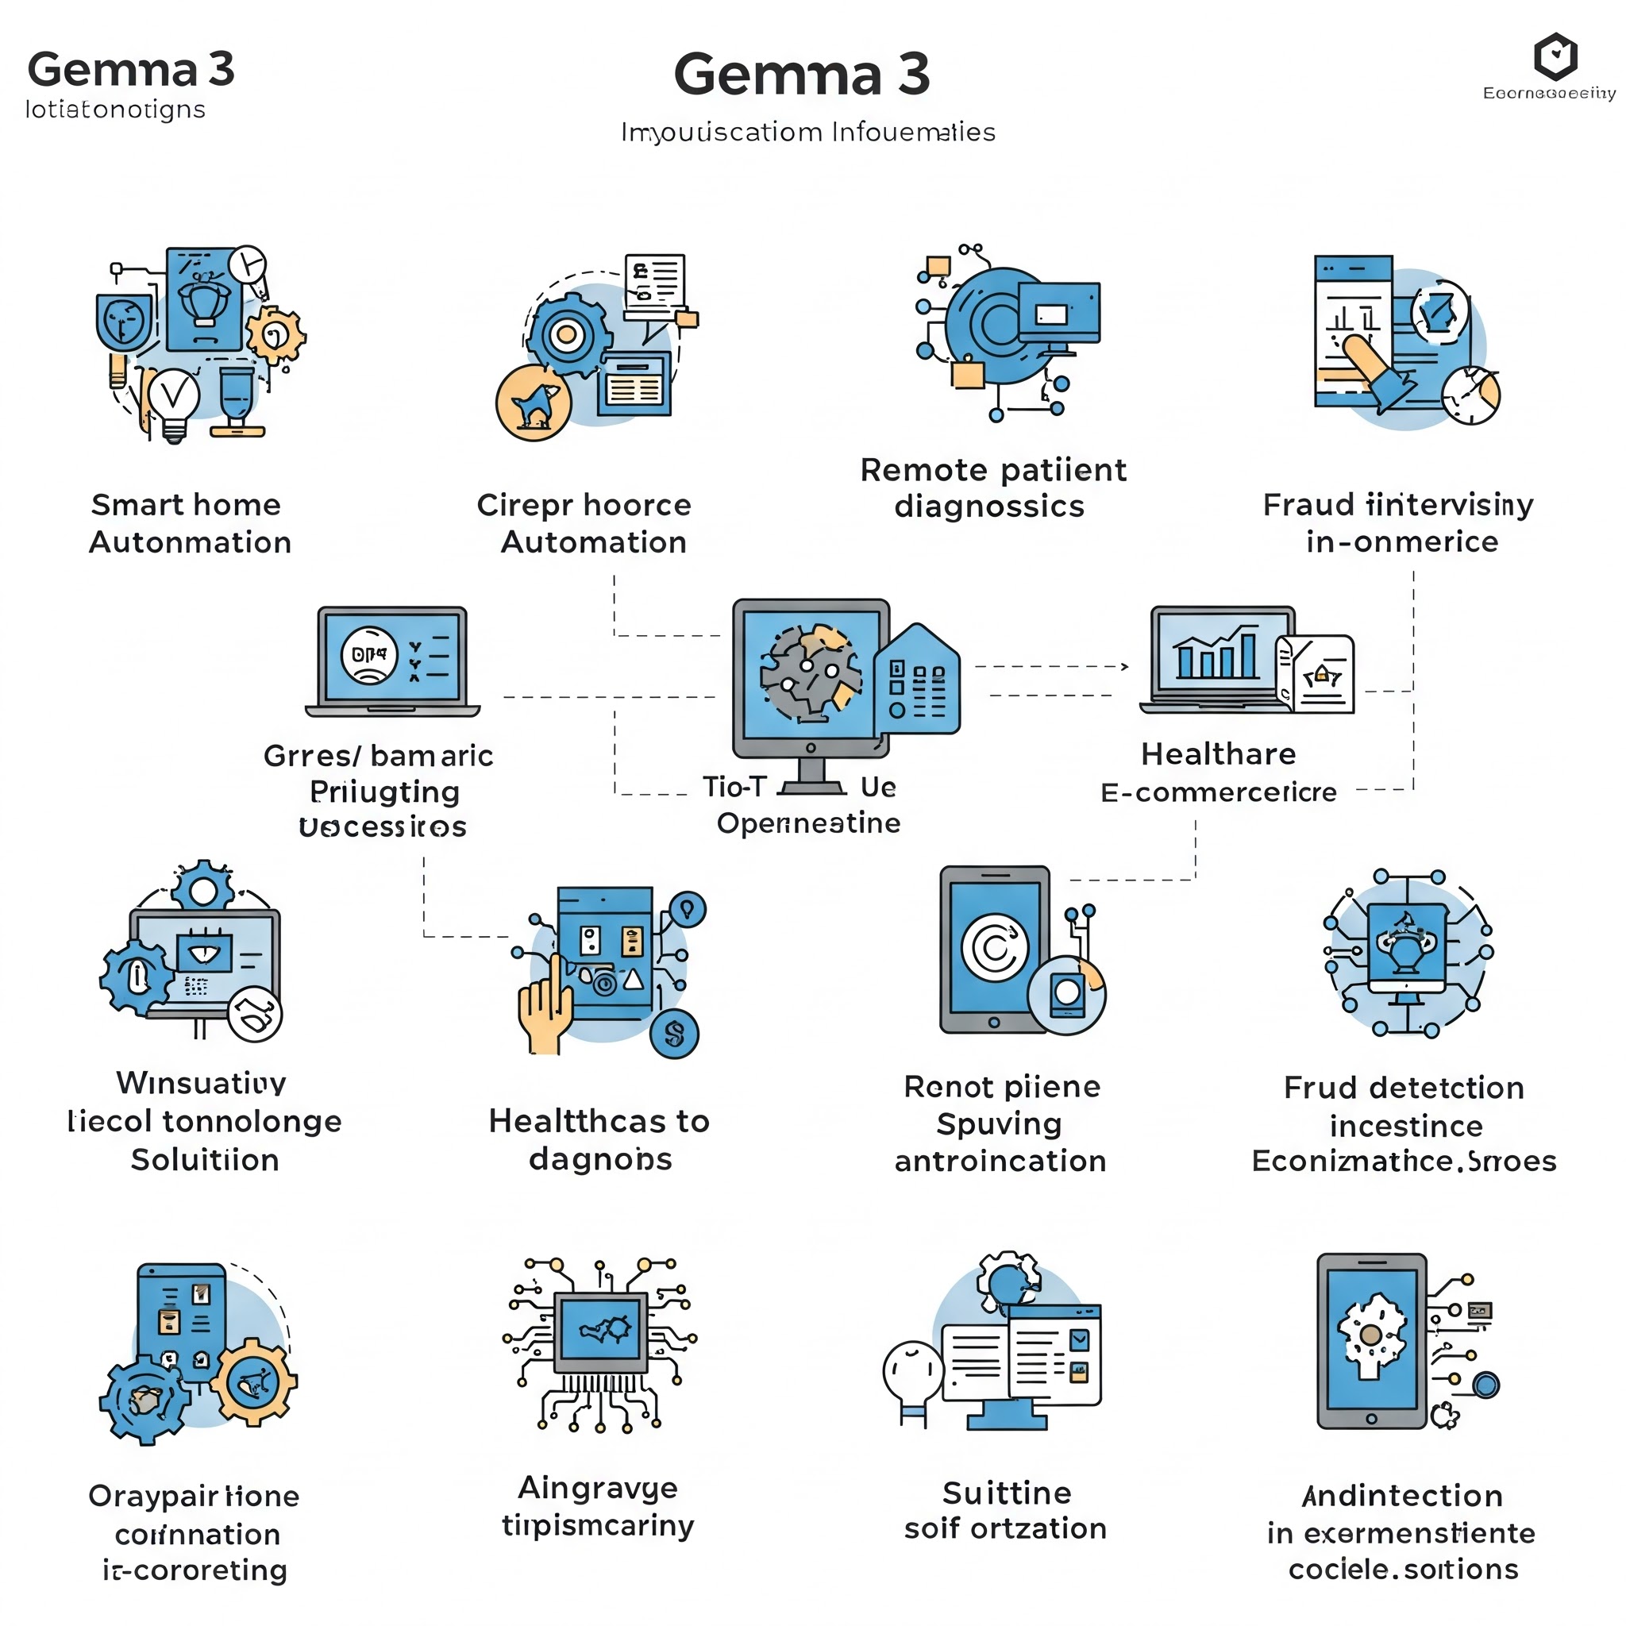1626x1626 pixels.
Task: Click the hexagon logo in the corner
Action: click(x=1555, y=57)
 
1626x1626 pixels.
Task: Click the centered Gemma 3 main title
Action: click(x=801, y=74)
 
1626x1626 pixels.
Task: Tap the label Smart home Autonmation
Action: click(x=190, y=522)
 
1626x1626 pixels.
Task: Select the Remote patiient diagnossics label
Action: click(x=992, y=487)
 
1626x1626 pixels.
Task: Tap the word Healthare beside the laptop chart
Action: click(x=1218, y=754)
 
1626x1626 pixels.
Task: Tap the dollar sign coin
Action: click(x=674, y=1034)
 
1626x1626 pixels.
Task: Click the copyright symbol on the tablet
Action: click(x=995, y=948)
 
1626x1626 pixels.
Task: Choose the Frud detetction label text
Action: click(x=1404, y=1088)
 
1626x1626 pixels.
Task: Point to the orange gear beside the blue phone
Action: click(x=253, y=1382)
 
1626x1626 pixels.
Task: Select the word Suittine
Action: click(x=1007, y=1493)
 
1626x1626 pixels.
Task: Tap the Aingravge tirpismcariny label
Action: click(x=599, y=1505)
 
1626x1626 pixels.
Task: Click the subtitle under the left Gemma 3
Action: click(x=115, y=110)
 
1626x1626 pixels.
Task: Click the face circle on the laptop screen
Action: click(x=368, y=656)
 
